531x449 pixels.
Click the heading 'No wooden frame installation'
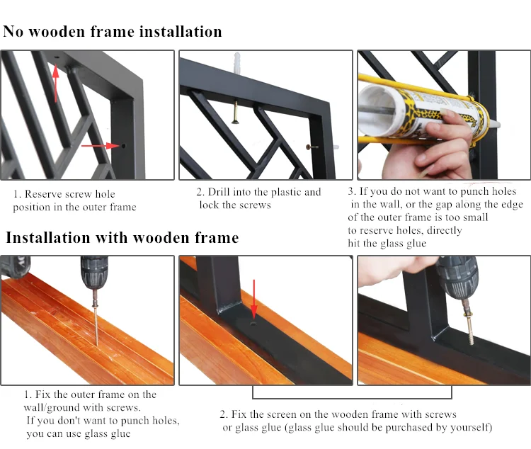(113, 31)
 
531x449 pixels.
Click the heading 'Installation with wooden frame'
(122, 237)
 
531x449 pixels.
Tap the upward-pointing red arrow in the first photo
(56, 84)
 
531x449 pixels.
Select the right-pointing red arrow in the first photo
(101, 146)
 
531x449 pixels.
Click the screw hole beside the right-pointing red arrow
(124, 146)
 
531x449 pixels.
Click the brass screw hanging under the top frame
(234, 112)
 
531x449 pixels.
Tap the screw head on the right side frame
(309, 147)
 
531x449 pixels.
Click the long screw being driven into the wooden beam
(97, 322)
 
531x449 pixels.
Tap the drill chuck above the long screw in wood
(94, 276)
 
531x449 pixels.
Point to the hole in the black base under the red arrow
(253, 324)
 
